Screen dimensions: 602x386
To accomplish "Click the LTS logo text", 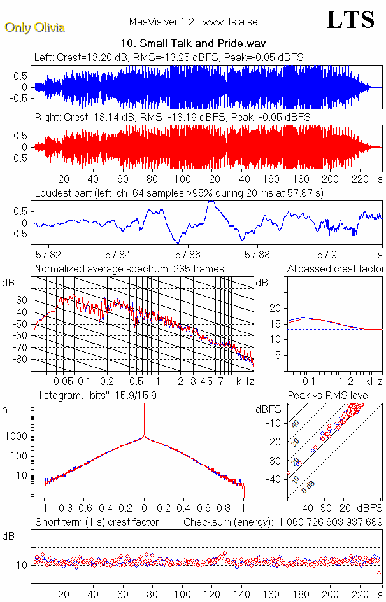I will coord(350,20).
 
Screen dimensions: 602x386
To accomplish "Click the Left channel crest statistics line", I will coord(169,57).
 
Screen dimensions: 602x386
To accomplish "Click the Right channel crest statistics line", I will coord(172,117).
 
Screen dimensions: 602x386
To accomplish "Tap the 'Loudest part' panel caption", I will coord(180,193).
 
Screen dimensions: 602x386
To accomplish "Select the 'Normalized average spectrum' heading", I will coord(129,269).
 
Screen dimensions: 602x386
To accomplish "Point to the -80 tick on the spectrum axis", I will coord(24,360).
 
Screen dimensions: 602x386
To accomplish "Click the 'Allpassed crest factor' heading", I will coord(336,269).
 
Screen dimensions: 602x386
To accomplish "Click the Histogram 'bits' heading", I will coord(96,396).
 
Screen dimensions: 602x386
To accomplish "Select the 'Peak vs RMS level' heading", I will coord(329,396).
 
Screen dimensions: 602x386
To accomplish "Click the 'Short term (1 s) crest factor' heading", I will coord(96,522).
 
